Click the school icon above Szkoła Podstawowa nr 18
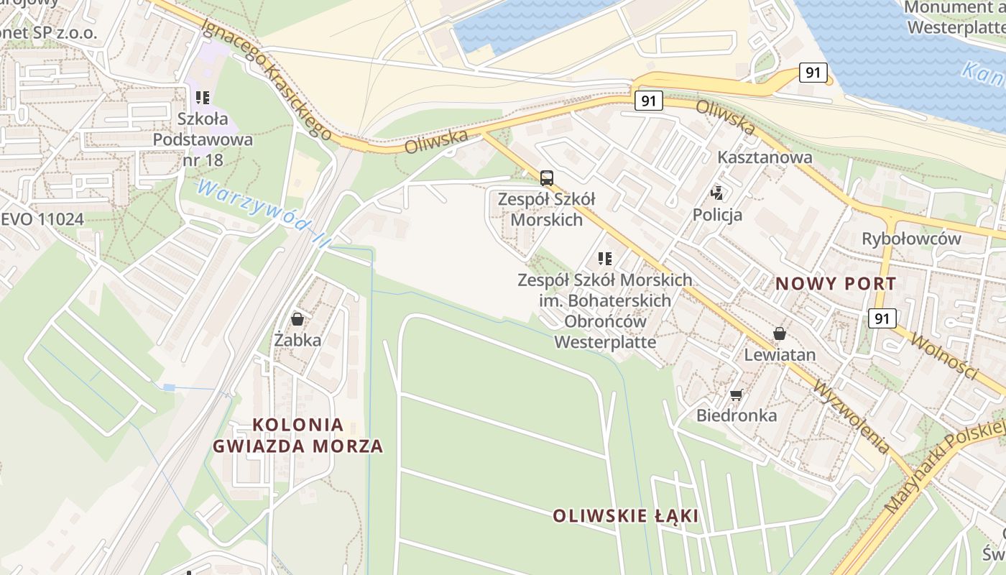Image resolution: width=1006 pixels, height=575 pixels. click(x=203, y=97)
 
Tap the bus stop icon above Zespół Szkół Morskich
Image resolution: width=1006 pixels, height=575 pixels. click(x=547, y=178)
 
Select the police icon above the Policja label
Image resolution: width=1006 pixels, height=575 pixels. click(x=716, y=193)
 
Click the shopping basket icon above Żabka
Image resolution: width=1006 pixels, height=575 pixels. click(x=297, y=318)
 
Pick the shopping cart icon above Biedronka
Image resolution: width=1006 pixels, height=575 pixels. click(x=736, y=395)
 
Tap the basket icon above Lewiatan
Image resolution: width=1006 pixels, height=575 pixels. click(x=779, y=333)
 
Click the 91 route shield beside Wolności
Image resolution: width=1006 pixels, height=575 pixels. click(x=882, y=318)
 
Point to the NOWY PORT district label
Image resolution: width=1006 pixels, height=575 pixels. click(x=836, y=284)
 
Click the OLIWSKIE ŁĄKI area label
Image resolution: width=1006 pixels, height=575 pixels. click(x=625, y=516)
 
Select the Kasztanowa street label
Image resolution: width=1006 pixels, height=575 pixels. click(x=765, y=157)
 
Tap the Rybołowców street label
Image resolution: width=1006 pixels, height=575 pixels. click(x=911, y=239)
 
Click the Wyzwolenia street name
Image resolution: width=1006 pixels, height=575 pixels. click(x=851, y=416)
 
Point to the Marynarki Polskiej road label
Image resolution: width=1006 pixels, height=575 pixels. click(x=944, y=467)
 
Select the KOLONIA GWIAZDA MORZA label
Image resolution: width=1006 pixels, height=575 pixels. click(x=297, y=436)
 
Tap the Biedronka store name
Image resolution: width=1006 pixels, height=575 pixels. click(x=736, y=415)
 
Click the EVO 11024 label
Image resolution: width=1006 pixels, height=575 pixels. click(x=42, y=219)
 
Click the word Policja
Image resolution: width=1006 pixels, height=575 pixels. click(x=717, y=214)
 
